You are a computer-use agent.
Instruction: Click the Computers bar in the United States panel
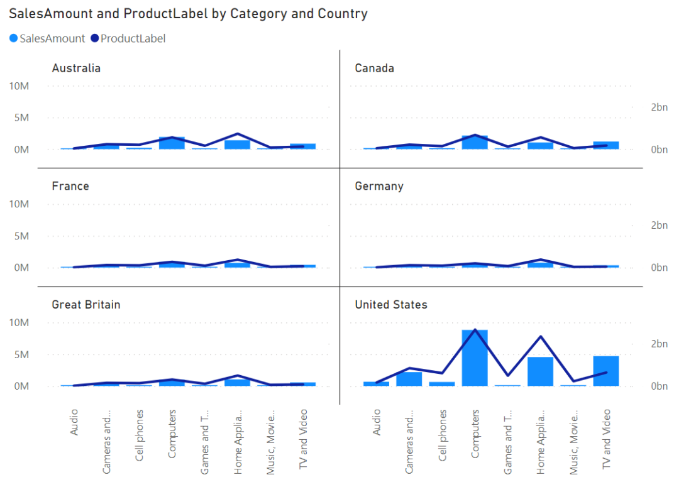tap(475, 358)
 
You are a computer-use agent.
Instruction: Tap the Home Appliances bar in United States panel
tap(540, 371)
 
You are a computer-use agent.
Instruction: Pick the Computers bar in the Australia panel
tap(172, 143)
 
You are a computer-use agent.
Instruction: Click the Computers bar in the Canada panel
tap(475, 143)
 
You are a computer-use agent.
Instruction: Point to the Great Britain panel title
tap(86, 305)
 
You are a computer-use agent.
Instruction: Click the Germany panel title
tap(379, 187)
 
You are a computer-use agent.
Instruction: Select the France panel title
tap(70, 187)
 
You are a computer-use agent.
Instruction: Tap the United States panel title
tap(391, 305)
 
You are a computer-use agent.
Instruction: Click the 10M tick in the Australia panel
tap(19, 86)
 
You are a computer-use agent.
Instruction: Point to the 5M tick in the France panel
tap(21, 236)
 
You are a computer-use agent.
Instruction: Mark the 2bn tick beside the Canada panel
tap(659, 107)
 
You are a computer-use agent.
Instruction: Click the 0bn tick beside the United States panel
tap(659, 386)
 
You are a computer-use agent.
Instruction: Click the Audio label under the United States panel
tap(377, 422)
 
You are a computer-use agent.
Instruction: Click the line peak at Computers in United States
tap(475, 330)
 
